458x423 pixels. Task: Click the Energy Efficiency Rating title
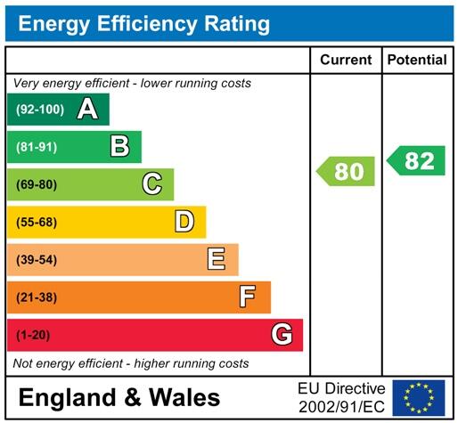point(143,24)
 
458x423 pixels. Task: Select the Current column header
point(345,61)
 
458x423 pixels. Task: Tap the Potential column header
point(417,61)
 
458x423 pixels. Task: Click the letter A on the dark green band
point(87,110)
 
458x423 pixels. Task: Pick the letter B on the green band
point(119,147)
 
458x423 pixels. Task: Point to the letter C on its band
point(152,184)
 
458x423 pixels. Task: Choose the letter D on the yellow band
point(184,222)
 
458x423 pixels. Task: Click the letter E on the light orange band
point(217,259)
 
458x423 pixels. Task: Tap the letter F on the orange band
point(249,297)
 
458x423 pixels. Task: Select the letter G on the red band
point(282,335)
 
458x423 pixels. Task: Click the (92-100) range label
point(37,110)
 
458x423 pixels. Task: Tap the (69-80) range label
point(35,185)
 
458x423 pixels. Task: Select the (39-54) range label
point(35,260)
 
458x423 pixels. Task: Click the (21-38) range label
point(35,297)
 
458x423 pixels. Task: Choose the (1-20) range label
point(31,335)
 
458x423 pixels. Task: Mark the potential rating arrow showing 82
point(416,161)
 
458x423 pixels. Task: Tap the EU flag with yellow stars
point(418,396)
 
